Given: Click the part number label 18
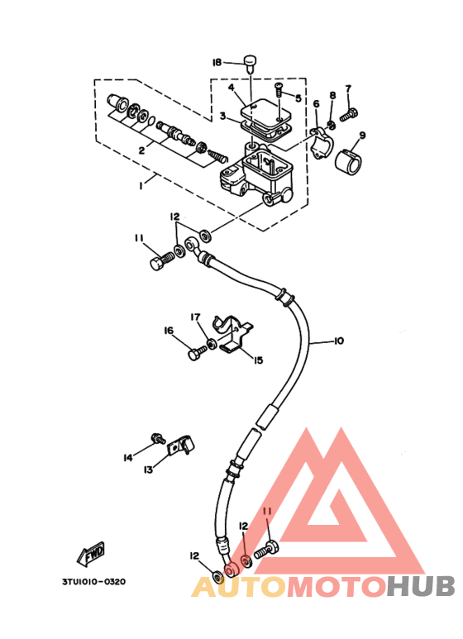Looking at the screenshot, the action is point(217,62).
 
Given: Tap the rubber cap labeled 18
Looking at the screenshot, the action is point(250,63).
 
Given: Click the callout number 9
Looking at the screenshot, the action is point(362,136).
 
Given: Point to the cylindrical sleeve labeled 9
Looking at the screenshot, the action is point(348,161).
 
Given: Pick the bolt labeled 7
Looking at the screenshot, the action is point(349,114).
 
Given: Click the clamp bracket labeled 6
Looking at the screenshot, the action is point(322,142).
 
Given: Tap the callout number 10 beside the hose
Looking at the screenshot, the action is point(339,341).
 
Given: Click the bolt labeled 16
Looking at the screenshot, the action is point(198,351).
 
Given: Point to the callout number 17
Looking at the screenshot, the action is point(195,317).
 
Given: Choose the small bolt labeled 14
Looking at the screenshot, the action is point(158,438).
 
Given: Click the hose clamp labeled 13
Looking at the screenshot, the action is point(181,446).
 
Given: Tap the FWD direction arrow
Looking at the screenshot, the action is point(91,554).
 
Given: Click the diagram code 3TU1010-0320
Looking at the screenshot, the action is point(93,581).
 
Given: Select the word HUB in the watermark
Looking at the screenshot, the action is point(420,587).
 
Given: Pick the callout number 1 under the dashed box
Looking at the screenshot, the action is point(141,185).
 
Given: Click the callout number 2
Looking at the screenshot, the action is point(141,150).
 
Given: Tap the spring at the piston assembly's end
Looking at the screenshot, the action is point(218,155).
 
